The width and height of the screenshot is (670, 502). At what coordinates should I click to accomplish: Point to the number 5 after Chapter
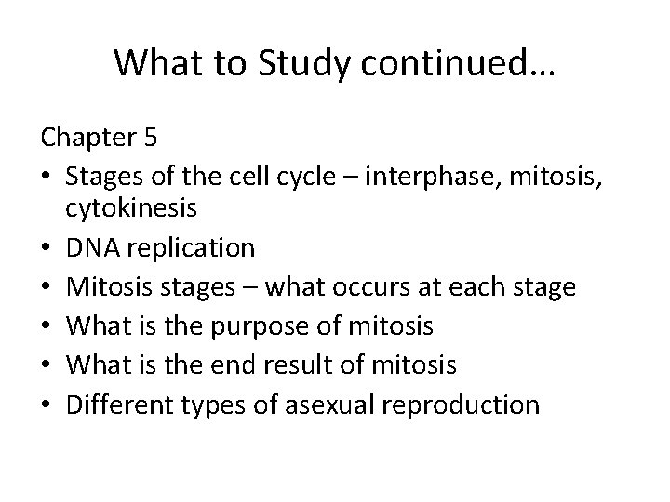(151, 138)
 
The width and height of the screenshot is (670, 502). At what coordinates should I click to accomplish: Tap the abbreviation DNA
(91, 247)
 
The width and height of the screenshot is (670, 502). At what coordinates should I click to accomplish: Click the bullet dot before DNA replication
(47, 248)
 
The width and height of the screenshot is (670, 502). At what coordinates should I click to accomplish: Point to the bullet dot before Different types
(47, 404)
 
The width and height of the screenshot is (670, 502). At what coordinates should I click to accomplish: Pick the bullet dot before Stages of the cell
(47, 176)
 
